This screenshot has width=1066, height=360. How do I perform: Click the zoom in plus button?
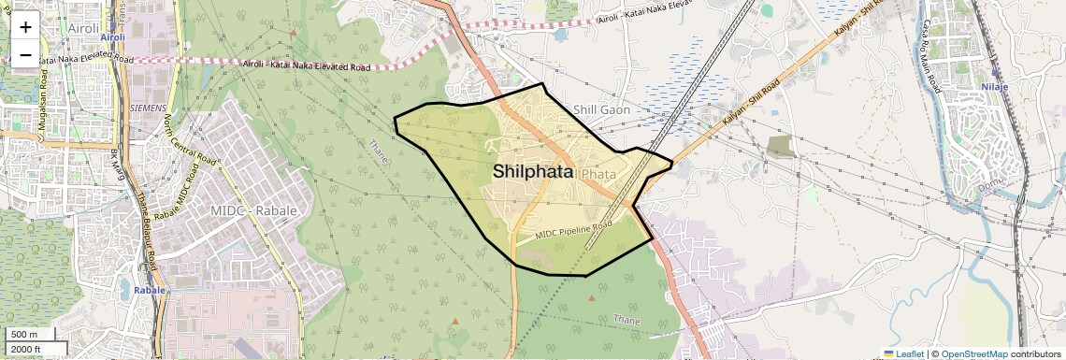pos(25,26)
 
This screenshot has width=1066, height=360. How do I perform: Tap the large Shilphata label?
pos(532,171)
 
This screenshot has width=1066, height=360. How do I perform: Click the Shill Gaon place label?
pos(601,109)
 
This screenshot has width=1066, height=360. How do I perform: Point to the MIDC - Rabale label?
pos(253,210)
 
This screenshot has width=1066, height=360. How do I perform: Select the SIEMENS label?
pos(149,108)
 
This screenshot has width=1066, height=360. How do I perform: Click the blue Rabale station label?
pos(150,290)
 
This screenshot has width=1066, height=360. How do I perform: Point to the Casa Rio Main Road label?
pos(930,55)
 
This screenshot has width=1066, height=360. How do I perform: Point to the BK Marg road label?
pos(116,165)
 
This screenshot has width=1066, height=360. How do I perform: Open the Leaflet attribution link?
pos(903,353)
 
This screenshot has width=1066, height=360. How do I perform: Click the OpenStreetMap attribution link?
pos(973,353)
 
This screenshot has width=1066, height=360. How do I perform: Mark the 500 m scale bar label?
pos(23,334)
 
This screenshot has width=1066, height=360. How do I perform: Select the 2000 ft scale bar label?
pos(25,349)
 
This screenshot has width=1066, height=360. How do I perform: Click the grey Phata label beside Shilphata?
pos(598,174)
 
